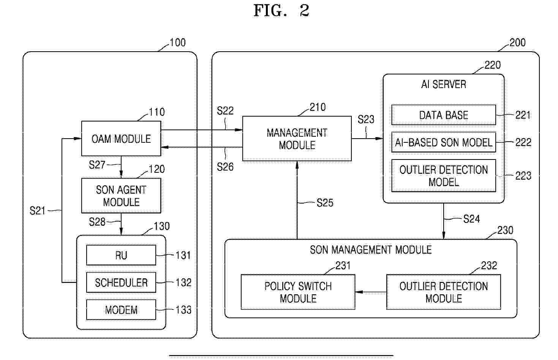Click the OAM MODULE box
tap(121, 139)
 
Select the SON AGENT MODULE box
tap(121, 196)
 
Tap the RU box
tap(121, 255)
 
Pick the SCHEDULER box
tap(121, 282)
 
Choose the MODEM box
tap(121, 310)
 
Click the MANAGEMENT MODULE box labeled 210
tap(297, 139)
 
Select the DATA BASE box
tap(444, 115)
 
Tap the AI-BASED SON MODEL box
tap(444, 142)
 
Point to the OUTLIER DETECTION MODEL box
tap(444, 175)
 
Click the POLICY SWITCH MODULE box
tap(298, 292)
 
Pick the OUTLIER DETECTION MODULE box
tap(444, 292)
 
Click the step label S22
tap(225, 111)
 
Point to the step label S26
tap(225, 167)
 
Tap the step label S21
tap(38, 211)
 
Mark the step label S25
tap(325, 203)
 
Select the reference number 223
tap(523, 176)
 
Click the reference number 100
tap(177, 42)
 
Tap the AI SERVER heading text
tap(444, 84)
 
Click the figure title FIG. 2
tap(281, 11)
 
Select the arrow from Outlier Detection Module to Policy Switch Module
tap(371, 292)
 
